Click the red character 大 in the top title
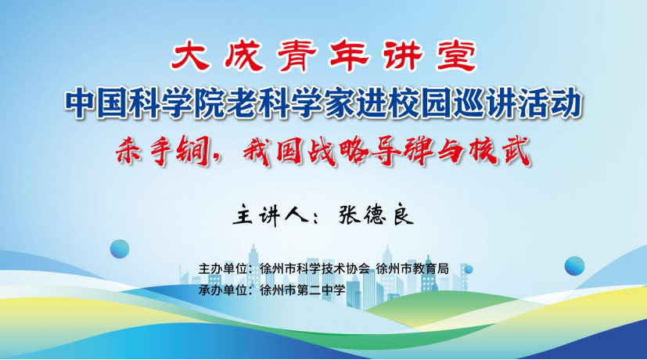(190, 56)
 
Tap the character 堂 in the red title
(456, 56)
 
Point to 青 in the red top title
(297, 56)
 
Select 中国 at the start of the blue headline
(95, 103)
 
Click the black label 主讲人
(271, 215)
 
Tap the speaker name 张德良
(376, 215)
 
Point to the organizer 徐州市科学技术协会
(315, 268)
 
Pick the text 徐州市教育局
(412, 268)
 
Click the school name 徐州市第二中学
(303, 290)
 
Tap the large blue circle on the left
(120, 249)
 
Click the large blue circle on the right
(574, 266)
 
